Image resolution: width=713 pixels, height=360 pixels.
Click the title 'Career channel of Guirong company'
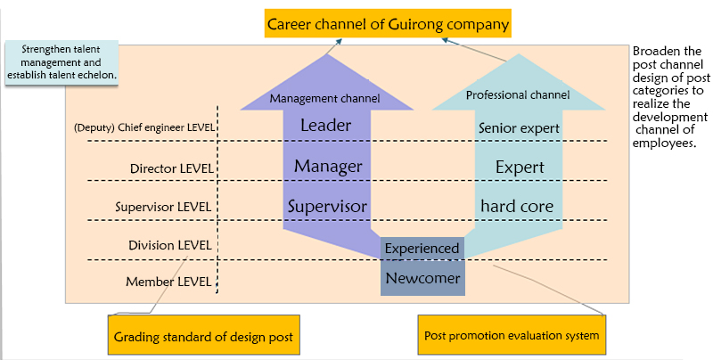(388, 24)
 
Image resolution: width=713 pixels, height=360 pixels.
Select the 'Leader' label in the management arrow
(326, 126)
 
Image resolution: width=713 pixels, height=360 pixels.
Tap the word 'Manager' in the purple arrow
(328, 166)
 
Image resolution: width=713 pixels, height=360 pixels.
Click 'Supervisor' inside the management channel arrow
(327, 206)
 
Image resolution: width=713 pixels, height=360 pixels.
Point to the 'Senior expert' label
(519, 128)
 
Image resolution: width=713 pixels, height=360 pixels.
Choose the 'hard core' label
(518, 206)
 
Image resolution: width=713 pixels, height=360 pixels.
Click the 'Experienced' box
(422, 248)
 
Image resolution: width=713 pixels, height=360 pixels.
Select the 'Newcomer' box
(422, 278)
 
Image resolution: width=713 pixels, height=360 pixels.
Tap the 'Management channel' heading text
(325, 98)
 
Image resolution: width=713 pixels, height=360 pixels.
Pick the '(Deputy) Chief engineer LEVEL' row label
(144, 127)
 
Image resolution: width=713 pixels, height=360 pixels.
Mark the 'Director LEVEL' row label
(170, 168)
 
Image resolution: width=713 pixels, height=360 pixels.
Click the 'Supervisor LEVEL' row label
(164, 208)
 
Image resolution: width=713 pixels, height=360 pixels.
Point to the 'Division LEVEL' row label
(169, 245)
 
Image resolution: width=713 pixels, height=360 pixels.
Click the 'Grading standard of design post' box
(204, 336)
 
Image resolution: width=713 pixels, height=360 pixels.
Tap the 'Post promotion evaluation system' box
(512, 336)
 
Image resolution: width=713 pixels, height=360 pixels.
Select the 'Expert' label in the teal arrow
(520, 167)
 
